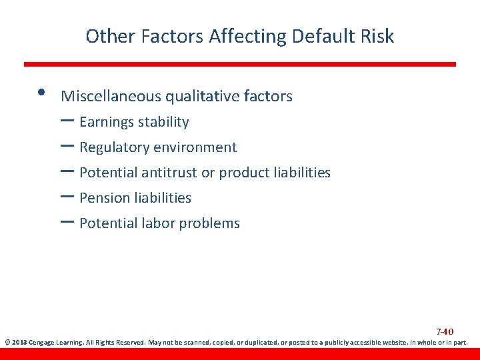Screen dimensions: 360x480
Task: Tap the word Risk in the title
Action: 378,36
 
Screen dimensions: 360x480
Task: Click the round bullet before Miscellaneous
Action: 41,92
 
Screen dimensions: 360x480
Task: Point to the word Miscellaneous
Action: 111,97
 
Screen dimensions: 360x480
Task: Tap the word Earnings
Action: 106,123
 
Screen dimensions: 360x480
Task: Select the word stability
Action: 163,123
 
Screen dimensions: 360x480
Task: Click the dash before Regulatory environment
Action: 67,147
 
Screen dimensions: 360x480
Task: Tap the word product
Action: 244,173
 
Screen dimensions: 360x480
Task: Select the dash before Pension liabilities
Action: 67,197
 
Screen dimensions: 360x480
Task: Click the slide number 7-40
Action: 445,331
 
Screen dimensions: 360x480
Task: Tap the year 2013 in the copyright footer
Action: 19,343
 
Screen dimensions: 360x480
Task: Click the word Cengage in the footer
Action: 43,343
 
